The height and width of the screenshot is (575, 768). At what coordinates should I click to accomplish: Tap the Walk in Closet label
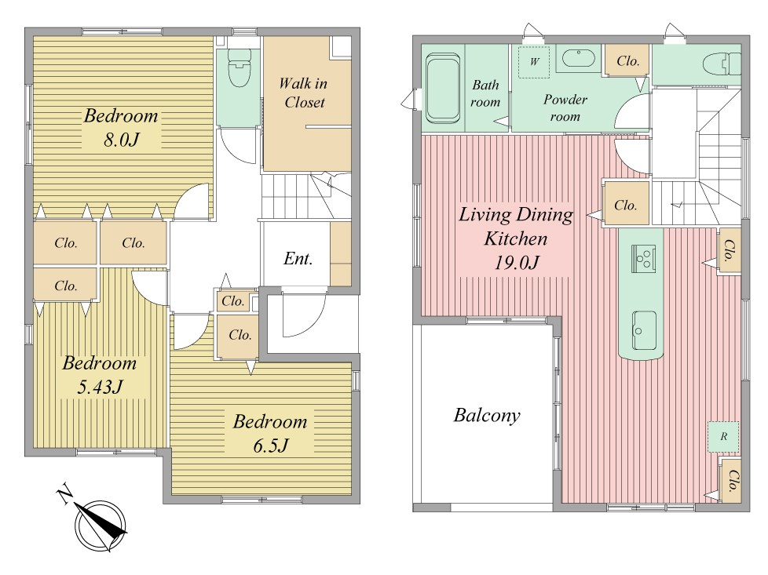[304, 93]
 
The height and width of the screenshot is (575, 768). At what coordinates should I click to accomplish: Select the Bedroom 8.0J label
[121, 127]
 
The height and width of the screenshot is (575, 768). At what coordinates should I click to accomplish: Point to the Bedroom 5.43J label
[100, 375]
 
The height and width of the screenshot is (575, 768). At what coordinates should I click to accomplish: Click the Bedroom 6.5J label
[270, 434]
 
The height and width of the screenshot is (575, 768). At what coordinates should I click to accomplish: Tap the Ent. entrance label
[298, 258]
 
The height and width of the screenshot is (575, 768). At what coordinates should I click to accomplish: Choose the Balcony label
[487, 416]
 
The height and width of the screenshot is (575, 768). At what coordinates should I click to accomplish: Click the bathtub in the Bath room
[443, 88]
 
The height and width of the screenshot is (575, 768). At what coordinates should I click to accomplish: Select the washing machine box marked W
[534, 62]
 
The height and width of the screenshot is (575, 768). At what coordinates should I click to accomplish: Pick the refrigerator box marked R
[723, 436]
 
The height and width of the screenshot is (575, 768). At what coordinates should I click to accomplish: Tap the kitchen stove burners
[643, 258]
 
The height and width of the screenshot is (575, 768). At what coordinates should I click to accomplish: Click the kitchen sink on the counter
[644, 330]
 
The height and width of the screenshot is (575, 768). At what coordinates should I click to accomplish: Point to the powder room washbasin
[578, 59]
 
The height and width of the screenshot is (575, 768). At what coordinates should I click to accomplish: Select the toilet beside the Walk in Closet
[239, 67]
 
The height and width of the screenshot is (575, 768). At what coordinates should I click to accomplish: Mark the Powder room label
[565, 108]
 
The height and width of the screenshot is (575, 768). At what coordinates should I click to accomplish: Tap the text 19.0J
[517, 263]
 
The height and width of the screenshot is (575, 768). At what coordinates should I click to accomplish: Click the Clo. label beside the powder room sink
[628, 61]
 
